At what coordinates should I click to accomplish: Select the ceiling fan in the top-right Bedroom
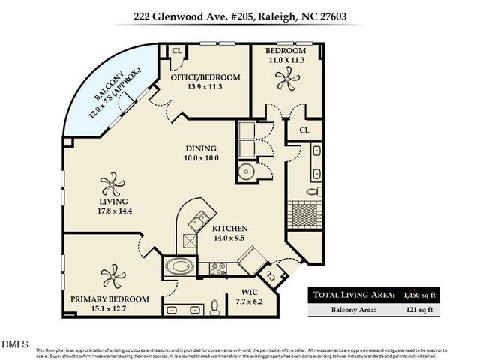coord(286,76)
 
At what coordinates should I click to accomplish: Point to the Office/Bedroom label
coord(205,77)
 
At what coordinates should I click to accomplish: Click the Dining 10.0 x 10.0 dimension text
coord(200,158)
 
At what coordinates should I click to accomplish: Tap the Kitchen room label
coord(229,229)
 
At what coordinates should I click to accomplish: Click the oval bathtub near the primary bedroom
coord(181,265)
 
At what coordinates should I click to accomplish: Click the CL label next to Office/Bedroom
coord(177,51)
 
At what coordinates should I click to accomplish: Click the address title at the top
coord(239,14)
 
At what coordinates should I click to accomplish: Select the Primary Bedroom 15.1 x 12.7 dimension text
coord(109,307)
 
